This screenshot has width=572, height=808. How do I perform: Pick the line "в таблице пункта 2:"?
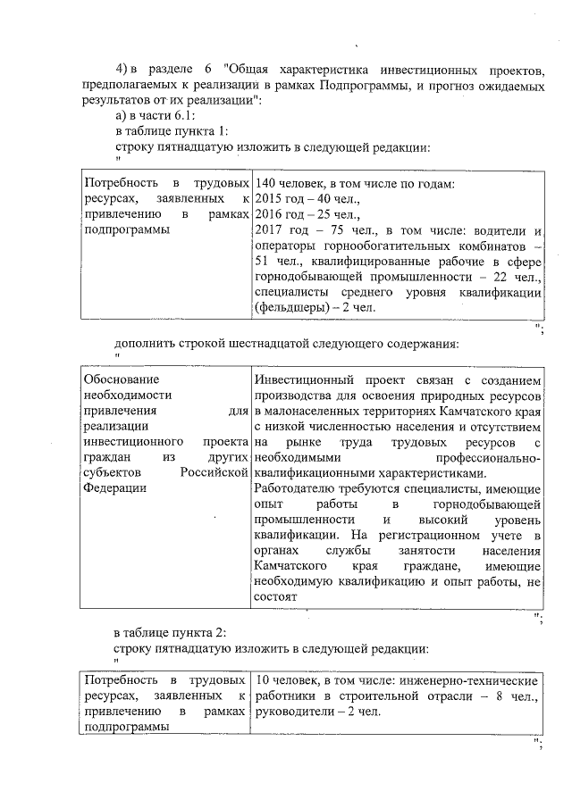pyautogui.click(x=172, y=632)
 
